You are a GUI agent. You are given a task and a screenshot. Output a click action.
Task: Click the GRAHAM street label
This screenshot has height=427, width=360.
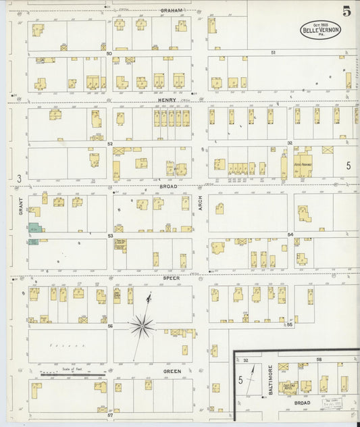[x=172, y=10]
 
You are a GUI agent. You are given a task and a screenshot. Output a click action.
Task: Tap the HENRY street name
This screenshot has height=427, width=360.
[x=167, y=100]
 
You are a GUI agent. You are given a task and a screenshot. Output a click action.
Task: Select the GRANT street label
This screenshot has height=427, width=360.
[x=20, y=203]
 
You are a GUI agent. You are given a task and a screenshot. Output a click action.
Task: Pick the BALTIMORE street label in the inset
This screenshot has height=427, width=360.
[x=269, y=380]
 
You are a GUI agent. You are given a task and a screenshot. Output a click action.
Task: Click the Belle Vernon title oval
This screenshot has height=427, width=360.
[x=321, y=30]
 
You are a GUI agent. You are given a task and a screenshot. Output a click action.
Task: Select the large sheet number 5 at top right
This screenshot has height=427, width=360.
[x=346, y=11]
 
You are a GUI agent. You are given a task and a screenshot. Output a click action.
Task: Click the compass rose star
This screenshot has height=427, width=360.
[x=142, y=326]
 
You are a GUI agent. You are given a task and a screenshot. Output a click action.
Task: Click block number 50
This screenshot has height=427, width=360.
[x=109, y=53]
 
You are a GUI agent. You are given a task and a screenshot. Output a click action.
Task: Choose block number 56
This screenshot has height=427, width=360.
[x=109, y=326]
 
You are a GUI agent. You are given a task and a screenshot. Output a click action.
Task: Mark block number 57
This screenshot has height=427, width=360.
[x=109, y=415]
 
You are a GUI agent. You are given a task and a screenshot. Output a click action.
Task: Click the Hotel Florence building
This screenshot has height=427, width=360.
[x=302, y=166]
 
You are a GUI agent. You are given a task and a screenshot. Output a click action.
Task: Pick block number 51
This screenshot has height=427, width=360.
[x=274, y=52]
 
